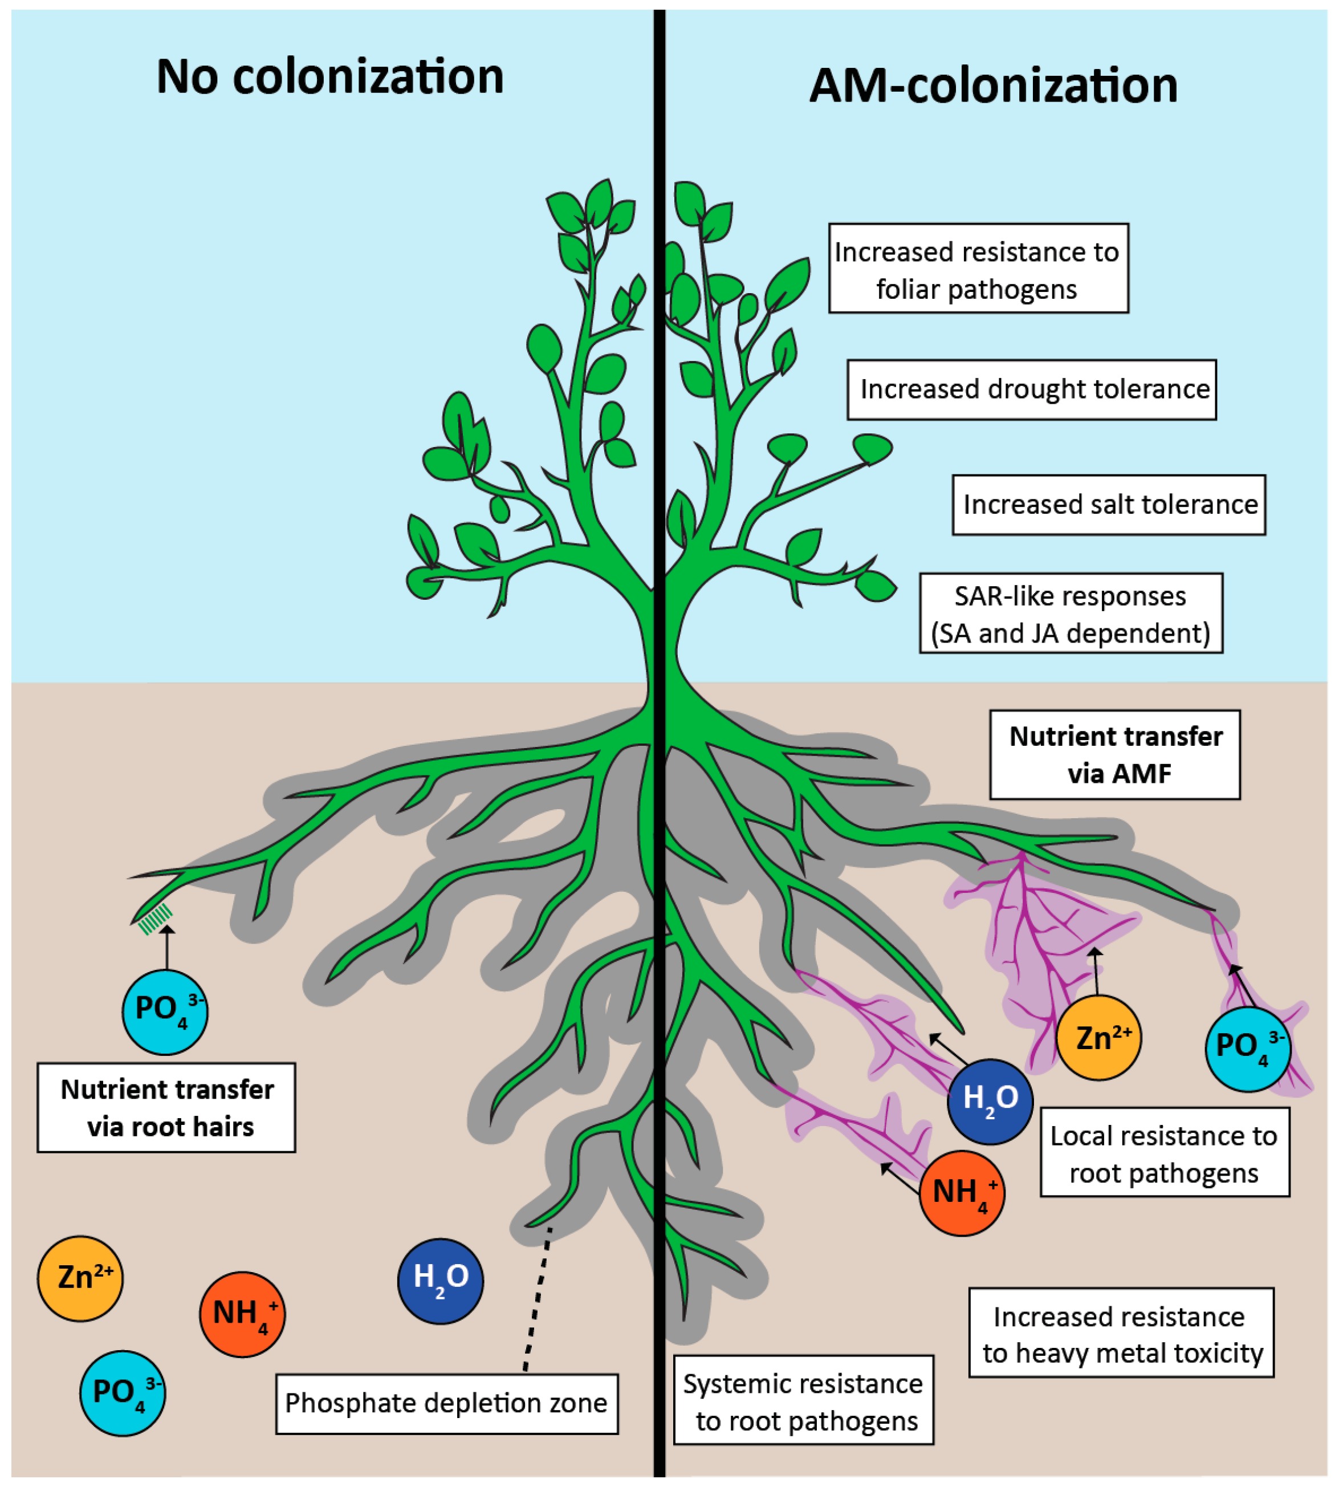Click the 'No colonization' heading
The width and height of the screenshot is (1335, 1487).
point(330,76)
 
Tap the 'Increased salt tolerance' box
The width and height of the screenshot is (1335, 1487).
point(1109,505)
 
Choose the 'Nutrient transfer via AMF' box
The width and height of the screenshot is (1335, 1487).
point(1114,755)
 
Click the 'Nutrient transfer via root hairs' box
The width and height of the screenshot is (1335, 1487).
point(166,1108)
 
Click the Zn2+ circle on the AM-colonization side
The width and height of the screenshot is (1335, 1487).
point(1098,1038)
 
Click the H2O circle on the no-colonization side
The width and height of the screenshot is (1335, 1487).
point(441,1281)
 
